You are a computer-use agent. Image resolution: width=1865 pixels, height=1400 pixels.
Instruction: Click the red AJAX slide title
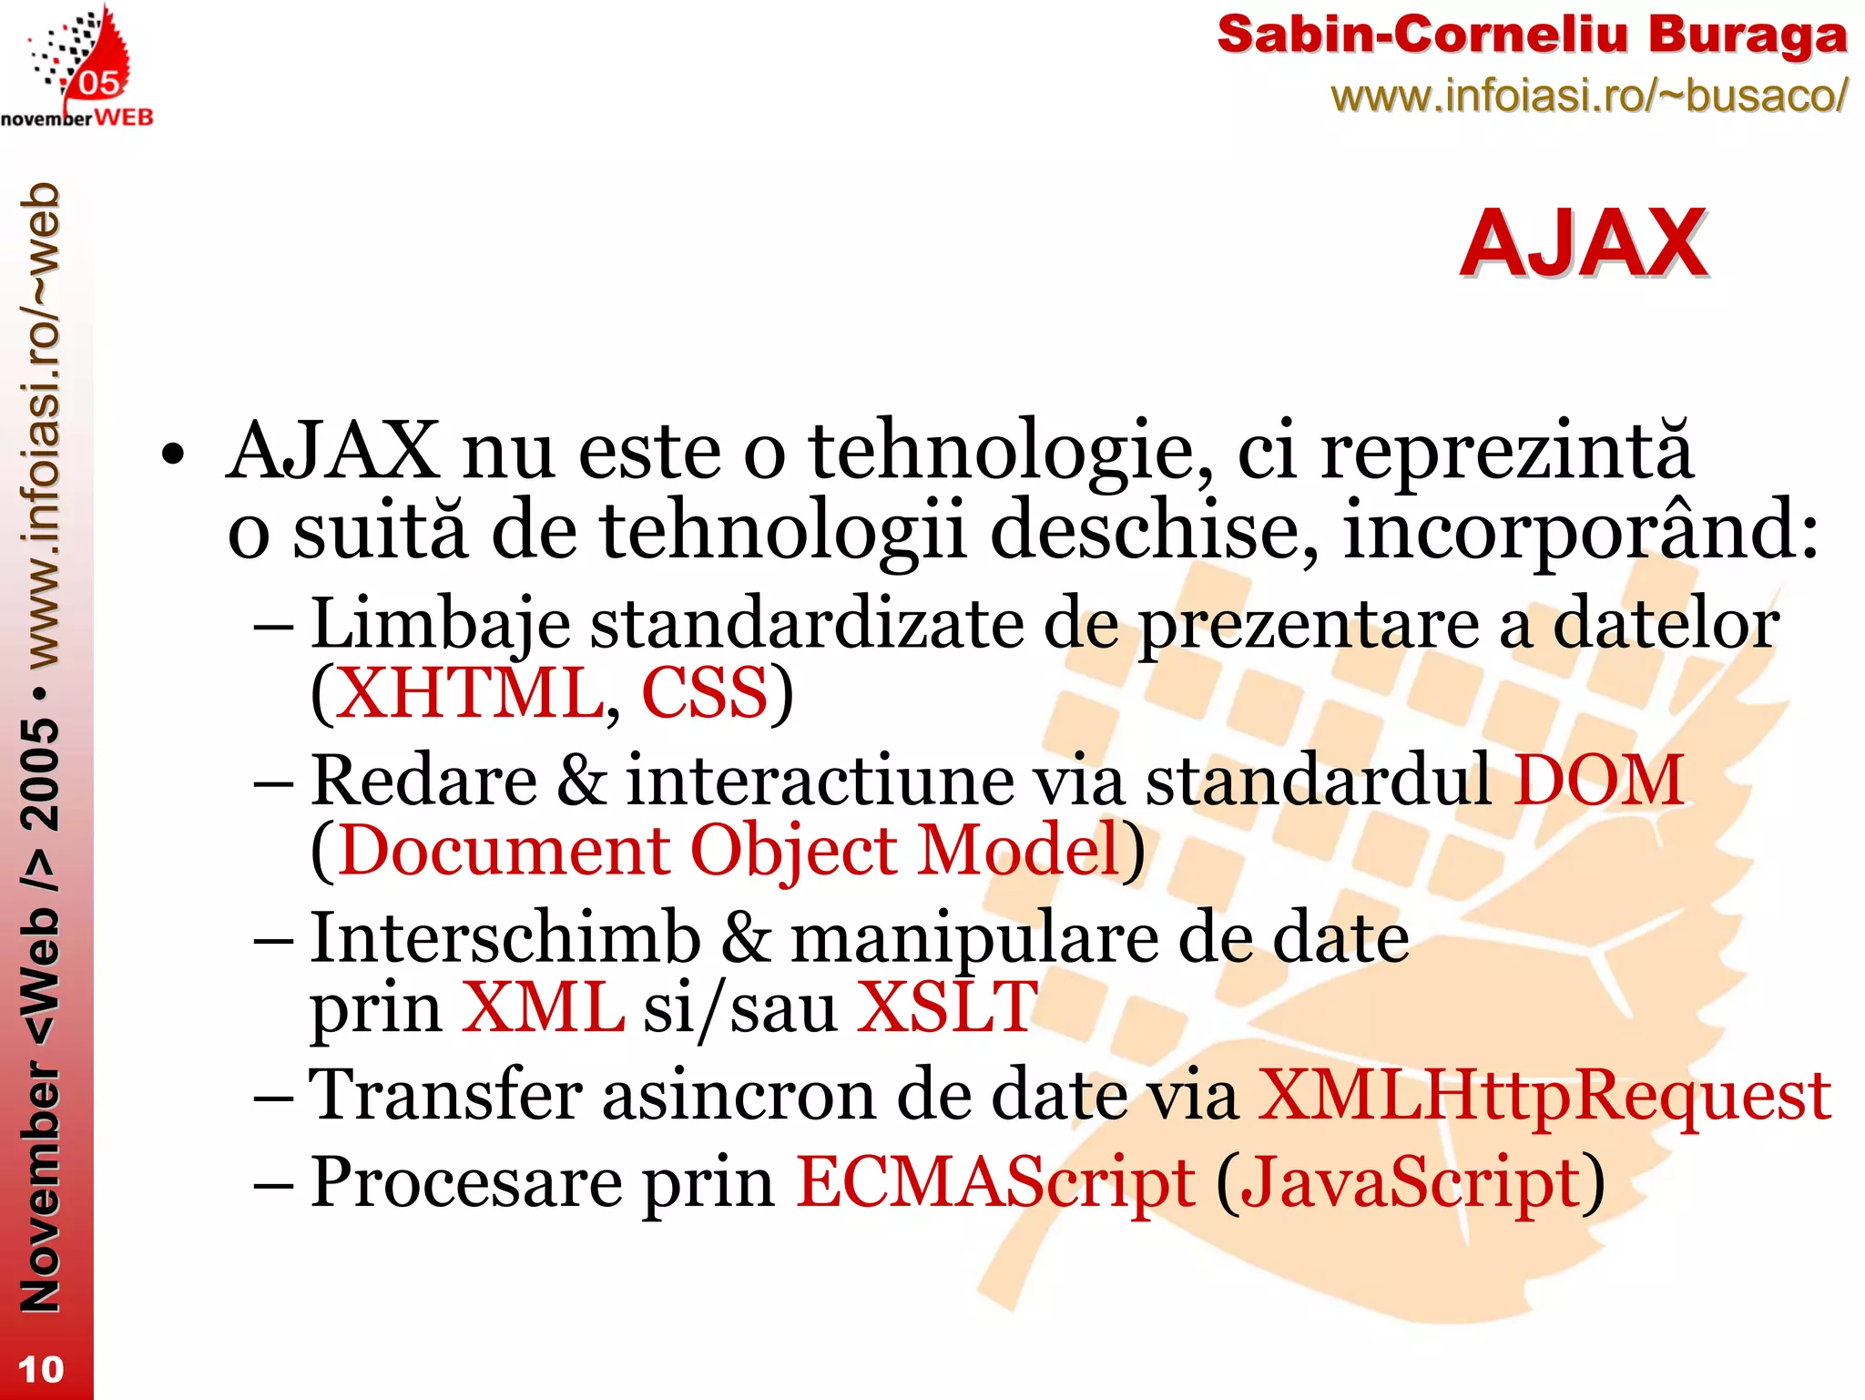pos(1583,244)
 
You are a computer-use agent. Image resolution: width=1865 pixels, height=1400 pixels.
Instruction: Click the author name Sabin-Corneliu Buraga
pos(1532,36)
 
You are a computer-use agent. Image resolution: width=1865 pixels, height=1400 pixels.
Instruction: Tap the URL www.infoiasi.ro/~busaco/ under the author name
pos(1589,96)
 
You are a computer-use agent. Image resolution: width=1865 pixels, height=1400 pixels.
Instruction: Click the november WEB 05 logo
pos(77,69)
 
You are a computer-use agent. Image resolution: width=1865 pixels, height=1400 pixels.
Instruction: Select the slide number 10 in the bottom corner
pos(41,1369)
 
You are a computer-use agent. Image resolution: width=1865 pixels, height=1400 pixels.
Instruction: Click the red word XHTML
pos(469,693)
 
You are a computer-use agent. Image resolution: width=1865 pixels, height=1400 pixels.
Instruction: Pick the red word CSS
pos(705,693)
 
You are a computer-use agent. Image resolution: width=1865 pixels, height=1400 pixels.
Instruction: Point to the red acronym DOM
pos(1598,781)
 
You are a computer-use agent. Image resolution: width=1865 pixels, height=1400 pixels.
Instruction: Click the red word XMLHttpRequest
pos(1544,1095)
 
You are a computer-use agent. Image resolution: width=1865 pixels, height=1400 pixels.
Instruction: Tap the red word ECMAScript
pos(995,1182)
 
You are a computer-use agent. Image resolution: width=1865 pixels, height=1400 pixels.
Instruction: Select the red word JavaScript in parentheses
pos(1411,1182)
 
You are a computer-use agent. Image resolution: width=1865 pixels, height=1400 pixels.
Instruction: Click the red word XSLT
pos(946,1007)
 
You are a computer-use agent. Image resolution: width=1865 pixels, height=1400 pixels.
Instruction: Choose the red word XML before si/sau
pos(543,1007)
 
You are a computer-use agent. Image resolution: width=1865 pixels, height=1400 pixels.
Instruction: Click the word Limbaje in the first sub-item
pos(440,625)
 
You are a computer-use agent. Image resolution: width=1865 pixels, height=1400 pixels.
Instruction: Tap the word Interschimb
pos(505,938)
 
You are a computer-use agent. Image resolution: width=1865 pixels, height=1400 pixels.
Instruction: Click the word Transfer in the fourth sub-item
pos(445,1095)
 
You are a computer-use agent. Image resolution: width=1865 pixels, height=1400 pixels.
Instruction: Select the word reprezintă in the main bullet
pos(1506,451)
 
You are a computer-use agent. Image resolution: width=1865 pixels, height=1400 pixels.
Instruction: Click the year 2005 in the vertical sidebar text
pos(41,774)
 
